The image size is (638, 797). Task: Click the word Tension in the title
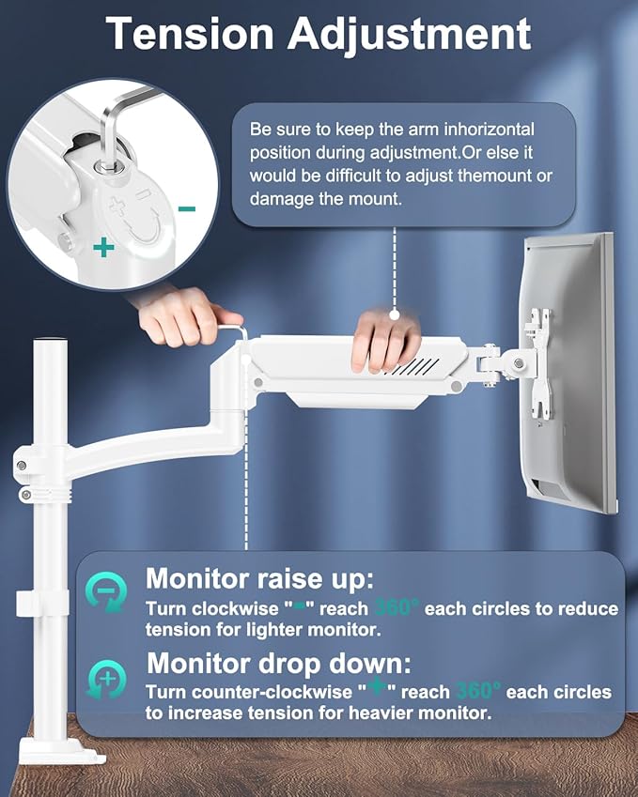(x=187, y=34)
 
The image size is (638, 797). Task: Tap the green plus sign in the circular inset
(x=103, y=248)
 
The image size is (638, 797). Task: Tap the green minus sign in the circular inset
(x=186, y=208)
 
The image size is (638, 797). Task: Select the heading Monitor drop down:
(x=279, y=664)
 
